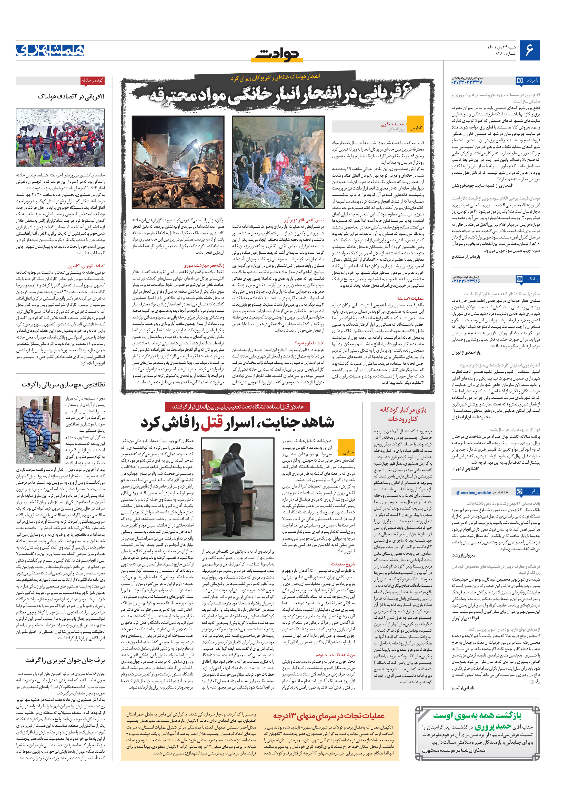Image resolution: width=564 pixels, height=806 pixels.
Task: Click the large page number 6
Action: [x=529, y=50]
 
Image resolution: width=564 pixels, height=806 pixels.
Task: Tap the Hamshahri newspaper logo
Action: [x=50, y=50]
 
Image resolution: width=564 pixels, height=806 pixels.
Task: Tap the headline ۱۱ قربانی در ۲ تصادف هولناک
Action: [x=71, y=96]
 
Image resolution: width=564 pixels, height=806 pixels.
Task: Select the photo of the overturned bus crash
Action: [x=60, y=138]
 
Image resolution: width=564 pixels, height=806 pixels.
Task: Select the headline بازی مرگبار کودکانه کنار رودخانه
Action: [x=403, y=414]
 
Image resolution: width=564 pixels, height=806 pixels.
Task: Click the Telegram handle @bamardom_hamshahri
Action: [x=474, y=493]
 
